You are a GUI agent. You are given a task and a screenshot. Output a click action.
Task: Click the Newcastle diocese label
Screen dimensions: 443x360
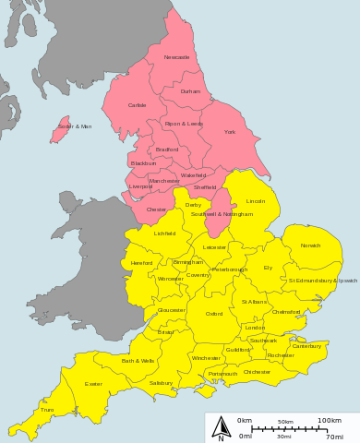click(176, 57)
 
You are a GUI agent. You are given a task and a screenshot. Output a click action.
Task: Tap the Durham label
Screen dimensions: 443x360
click(190, 91)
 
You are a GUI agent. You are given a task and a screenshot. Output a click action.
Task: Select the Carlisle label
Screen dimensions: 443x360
click(138, 105)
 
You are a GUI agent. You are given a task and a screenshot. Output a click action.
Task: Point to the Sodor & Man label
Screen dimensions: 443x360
click(75, 126)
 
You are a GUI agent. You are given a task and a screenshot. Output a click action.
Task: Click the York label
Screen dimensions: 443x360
click(230, 132)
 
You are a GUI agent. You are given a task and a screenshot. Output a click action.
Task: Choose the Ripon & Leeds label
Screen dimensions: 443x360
click(184, 123)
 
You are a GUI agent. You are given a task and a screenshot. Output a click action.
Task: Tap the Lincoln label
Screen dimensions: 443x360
click(256, 200)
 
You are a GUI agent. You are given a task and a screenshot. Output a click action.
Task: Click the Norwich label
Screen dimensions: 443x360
click(310, 245)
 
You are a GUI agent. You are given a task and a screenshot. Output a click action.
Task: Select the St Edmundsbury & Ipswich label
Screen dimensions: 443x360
click(323, 280)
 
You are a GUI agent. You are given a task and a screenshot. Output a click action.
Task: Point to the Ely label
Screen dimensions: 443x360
click(268, 268)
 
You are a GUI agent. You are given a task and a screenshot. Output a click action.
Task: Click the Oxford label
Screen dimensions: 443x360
click(214, 314)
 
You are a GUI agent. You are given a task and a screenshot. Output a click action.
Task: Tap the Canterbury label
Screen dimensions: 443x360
click(306, 346)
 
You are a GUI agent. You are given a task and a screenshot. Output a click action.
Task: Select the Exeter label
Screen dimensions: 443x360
click(93, 383)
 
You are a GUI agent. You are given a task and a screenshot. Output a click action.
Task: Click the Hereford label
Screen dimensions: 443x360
click(142, 263)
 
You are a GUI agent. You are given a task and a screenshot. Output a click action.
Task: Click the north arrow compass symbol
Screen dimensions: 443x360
click(221, 427)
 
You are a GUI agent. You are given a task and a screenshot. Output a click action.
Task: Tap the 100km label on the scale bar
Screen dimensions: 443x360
click(330, 421)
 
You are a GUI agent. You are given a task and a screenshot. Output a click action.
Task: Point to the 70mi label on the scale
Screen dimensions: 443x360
click(334, 437)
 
